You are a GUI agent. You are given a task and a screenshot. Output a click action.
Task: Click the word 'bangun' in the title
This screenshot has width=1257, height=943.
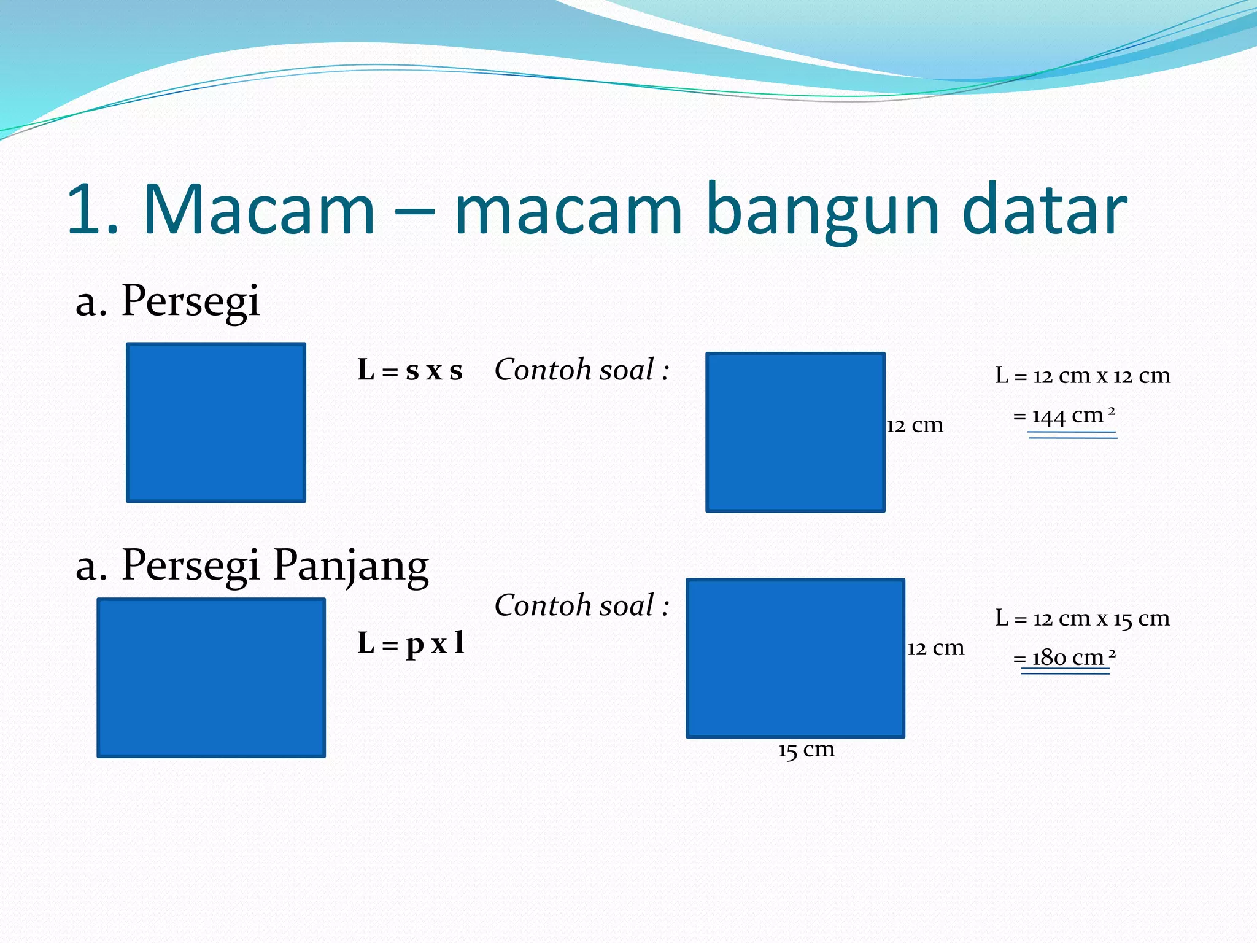click(822, 212)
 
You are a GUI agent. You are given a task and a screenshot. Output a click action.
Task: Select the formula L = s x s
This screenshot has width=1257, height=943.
click(410, 371)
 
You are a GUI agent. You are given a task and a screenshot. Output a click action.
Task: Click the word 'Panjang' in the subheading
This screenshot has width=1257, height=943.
click(350, 565)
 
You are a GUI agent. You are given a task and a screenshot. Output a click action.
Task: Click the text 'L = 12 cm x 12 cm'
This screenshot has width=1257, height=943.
click(1083, 376)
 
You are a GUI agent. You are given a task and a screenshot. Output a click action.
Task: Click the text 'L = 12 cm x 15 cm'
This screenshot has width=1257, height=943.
click(1083, 618)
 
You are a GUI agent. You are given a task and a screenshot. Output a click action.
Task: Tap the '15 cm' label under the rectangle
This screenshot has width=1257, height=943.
click(806, 750)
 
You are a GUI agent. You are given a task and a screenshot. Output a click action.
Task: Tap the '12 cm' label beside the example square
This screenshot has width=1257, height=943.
click(915, 425)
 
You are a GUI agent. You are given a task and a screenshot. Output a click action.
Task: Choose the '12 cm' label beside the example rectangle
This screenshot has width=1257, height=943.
click(935, 648)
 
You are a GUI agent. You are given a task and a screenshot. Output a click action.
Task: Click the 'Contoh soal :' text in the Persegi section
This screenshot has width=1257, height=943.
click(581, 370)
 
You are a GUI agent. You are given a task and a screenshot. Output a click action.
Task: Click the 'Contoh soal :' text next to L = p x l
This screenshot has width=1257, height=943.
click(581, 606)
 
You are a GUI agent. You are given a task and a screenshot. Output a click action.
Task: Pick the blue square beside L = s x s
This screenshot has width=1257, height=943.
click(216, 422)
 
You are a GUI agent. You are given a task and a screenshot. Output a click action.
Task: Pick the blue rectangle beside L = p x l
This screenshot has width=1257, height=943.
click(211, 677)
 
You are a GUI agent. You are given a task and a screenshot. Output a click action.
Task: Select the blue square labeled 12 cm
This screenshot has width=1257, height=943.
click(795, 432)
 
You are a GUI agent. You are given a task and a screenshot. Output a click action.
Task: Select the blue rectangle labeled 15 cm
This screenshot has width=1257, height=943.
click(795, 658)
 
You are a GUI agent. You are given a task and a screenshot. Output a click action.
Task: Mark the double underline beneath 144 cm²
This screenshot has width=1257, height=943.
click(1073, 435)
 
